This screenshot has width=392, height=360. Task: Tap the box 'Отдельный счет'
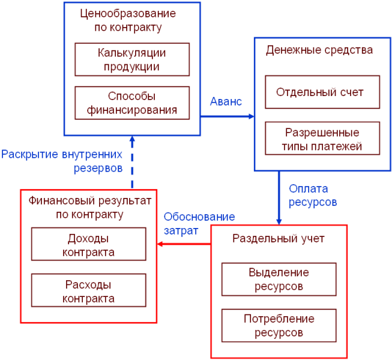coord(322,92)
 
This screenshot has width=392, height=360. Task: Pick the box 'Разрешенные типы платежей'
coord(322,139)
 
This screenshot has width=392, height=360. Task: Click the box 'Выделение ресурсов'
coord(279,279)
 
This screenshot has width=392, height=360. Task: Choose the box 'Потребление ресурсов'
coord(279,325)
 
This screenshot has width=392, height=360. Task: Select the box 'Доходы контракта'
coord(89,244)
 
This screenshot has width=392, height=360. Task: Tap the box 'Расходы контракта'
coord(89,290)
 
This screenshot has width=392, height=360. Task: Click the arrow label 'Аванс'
coord(226,101)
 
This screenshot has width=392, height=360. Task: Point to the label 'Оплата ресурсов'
coord(312,195)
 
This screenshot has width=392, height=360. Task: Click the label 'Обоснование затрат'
coord(199,223)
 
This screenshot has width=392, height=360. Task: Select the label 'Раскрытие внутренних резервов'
coord(62,160)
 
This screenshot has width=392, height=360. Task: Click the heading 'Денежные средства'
coord(319,50)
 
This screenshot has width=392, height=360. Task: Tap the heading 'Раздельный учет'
coord(278,238)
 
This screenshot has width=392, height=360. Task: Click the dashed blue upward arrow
coord(132,162)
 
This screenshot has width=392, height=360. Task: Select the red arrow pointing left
coord(184,244)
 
